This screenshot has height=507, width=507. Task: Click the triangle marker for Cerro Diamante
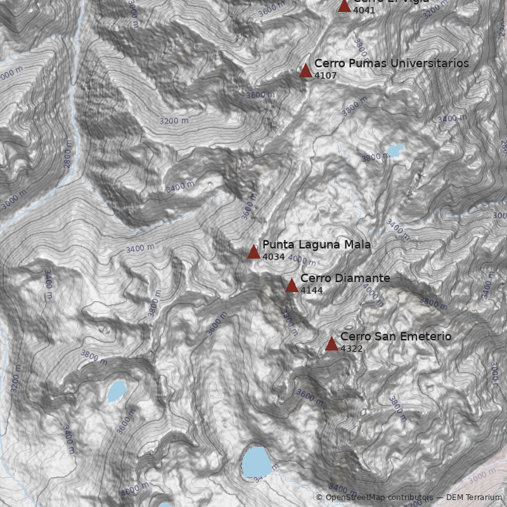[292, 285]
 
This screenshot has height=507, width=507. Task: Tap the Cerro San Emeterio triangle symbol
[331, 343]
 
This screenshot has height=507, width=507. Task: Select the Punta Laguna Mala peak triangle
[253, 252]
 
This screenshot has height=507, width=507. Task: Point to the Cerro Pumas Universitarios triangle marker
[306, 70]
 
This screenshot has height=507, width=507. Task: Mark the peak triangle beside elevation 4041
[344, 5]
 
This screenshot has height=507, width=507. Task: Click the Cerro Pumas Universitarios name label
[391, 63]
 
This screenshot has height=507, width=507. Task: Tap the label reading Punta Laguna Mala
[316, 245]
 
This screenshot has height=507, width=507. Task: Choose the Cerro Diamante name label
[345, 278]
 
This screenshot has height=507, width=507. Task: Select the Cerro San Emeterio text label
[395, 337]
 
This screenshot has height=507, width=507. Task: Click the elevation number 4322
[351, 349]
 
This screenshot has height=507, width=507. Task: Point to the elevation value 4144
[311, 290]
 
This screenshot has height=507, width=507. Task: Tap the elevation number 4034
[273, 257]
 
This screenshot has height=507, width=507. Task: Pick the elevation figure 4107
[325, 75]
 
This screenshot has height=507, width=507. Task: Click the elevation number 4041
[364, 10]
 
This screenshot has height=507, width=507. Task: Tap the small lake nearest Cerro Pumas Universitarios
[394, 151]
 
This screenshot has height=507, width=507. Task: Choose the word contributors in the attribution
[411, 497]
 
